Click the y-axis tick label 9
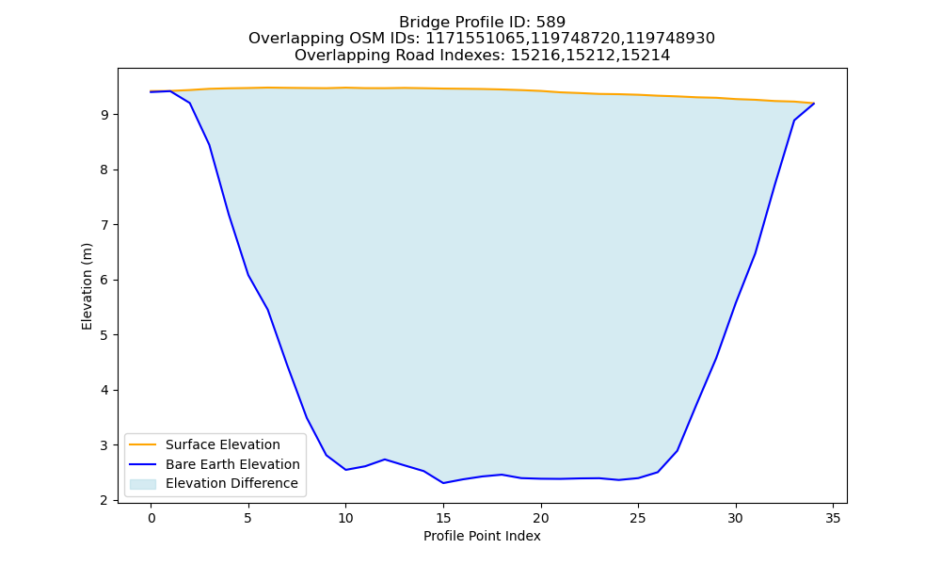(105, 115)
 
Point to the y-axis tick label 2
(105, 500)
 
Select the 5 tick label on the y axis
(105, 335)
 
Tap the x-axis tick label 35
(833, 518)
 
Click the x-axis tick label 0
(152, 518)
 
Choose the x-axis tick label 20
(541, 518)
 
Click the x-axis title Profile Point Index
(482, 536)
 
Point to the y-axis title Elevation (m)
(87, 286)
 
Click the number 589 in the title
(550, 23)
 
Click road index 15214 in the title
(646, 56)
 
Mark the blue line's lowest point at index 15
(443, 483)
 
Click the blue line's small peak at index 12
(385, 460)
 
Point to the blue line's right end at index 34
(814, 104)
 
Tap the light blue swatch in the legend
(143, 484)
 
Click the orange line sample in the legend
(143, 444)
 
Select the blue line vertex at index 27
(677, 450)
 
